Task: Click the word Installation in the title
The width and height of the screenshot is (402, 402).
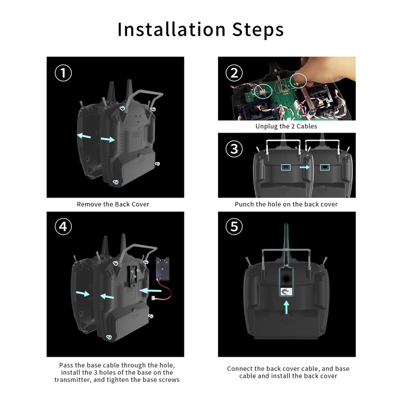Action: tap(171, 29)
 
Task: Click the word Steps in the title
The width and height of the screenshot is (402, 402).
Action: tap(258, 30)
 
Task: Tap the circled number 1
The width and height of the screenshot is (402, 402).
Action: tap(63, 73)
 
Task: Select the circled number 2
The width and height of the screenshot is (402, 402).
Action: tap(234, 73)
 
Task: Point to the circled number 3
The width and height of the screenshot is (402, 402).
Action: tap(234, 149)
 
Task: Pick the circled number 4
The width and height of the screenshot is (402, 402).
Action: tap(63, 227)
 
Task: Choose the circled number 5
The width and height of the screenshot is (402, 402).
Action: tap(234, 227)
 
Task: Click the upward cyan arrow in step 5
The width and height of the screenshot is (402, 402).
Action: tap(286, 307)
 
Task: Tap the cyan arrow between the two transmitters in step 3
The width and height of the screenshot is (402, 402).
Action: tap(305, 167)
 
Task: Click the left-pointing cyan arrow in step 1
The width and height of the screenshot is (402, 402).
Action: tap(84, 135)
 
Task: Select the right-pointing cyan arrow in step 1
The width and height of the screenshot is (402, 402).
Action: tap(108, 139)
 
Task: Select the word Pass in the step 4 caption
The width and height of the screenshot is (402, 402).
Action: tap(65, 365)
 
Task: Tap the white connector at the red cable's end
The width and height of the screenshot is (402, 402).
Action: tap(154, 298)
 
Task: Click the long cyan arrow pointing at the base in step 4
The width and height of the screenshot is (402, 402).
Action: tap(150, 291)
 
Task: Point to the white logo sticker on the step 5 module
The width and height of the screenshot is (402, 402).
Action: tap(286, 292)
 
